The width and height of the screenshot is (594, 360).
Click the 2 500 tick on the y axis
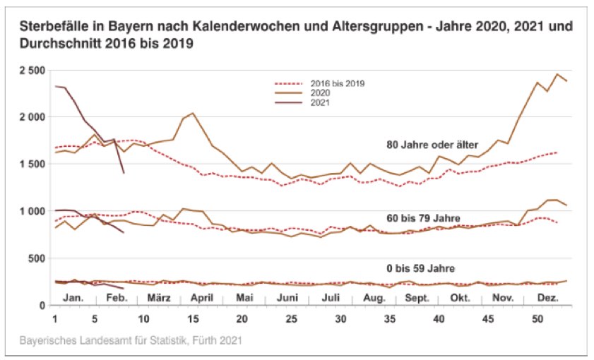[x=33, y=71]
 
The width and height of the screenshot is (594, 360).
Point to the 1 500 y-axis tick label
[x=33, y=164]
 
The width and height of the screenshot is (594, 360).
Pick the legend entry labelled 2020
[x=319, y=92]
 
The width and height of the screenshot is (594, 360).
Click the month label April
[x=202, y=298]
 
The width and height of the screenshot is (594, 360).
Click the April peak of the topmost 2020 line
[x=193, y=113]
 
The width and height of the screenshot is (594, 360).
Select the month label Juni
[x=287, y=298]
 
